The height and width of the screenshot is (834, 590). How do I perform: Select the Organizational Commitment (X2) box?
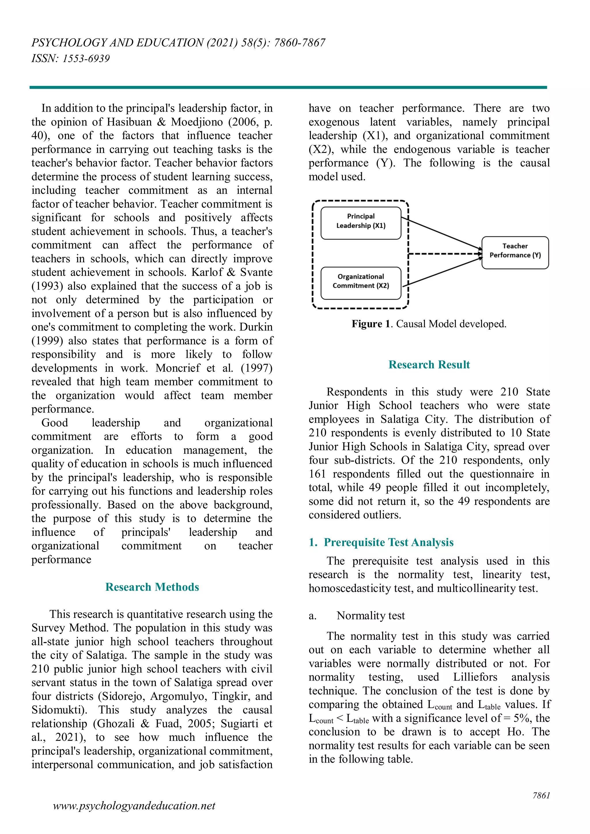point(361,283)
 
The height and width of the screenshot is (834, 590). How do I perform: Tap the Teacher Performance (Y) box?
point(515,252)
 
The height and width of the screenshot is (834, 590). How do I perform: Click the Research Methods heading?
point(152,587)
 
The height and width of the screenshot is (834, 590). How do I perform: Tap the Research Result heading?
point(429,364)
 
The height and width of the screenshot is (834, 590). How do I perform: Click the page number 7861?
point(541,795)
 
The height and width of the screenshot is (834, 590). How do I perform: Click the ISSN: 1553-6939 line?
point(71,58)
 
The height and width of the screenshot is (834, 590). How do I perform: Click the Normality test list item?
point(370,615)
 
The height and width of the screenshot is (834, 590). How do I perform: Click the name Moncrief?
point(178,368)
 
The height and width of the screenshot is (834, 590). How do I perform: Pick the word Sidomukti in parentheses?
point(58,709)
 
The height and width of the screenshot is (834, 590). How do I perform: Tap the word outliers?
point(381,515)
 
